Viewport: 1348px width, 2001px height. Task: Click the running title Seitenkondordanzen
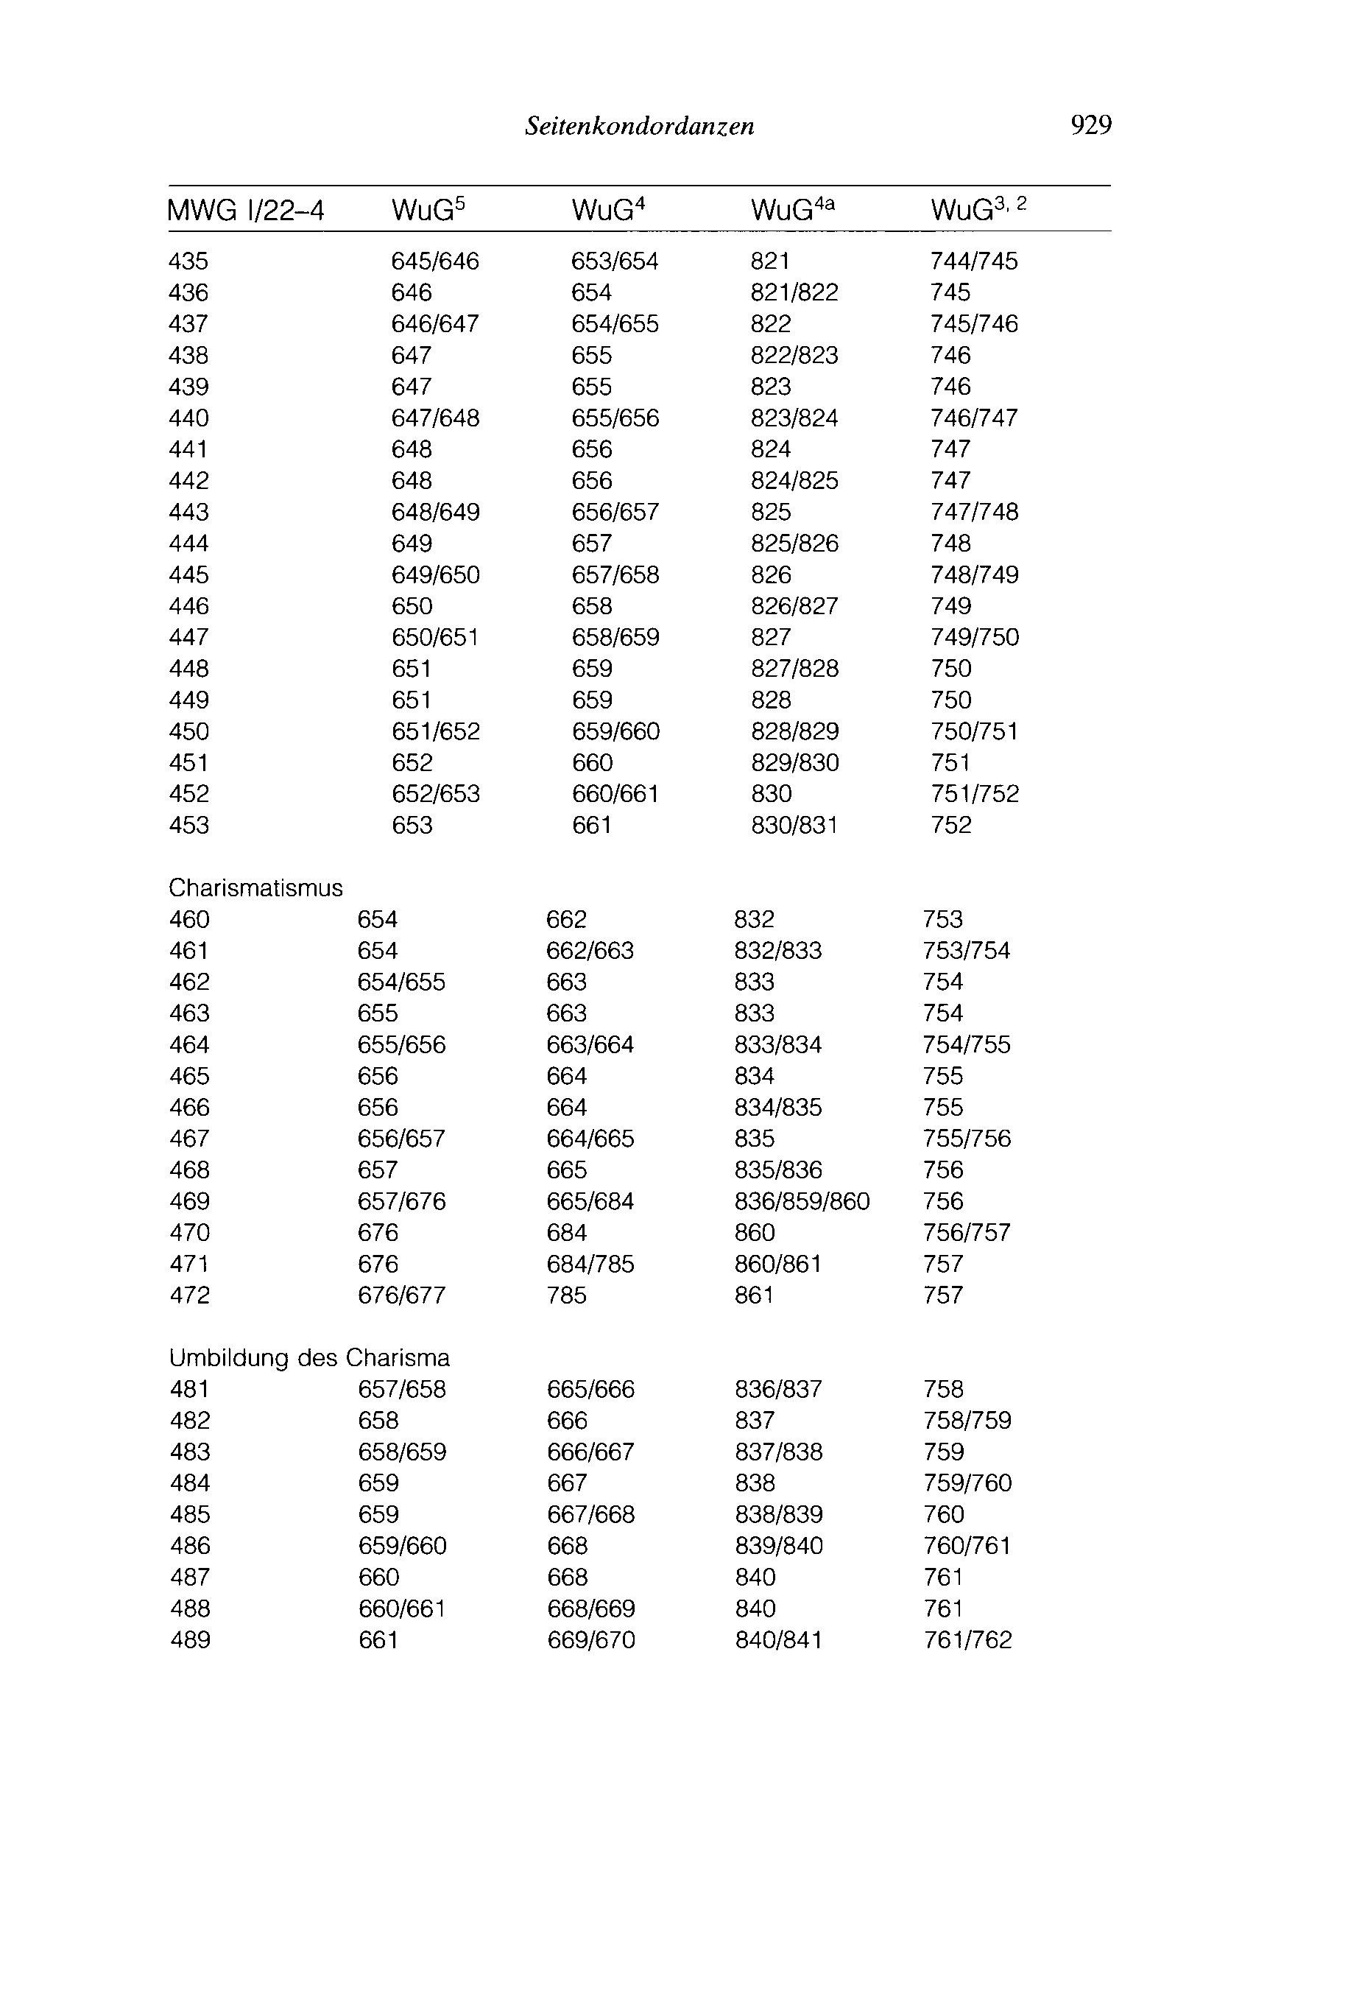pyautogui.click(x=640, y=127)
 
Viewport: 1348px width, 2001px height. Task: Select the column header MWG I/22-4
pyautogui.click(x=246, y=211)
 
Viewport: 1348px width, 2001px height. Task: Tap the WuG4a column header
pyautogui.click(x=791, y=210)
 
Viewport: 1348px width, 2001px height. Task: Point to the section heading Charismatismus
pyautogui.click(x=255, y=888)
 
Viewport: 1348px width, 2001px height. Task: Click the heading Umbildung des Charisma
pyautogui.click(x=309, y=1358)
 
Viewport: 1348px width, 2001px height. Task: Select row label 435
pyautogui.click(x=188, y=261)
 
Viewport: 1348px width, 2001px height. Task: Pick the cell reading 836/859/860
pyautogui.click(x=801, y=1201)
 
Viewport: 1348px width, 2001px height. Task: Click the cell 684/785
pyautogui.click(x=590, y=1264)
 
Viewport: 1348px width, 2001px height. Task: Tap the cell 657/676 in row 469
pyautogui.click(x=401, y=1201)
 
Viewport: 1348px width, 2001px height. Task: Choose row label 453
pyautogui.click(x=188, y=826)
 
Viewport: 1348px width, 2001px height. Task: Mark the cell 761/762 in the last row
pyautogui.click(x=967, y=1640)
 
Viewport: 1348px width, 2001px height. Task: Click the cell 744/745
pyautogui.click(x=973, y=261)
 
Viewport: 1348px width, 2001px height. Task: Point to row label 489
pyautogui.click(x=190, y=1640)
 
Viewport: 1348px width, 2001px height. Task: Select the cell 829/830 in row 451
pyautogui.click(x=794, y=763)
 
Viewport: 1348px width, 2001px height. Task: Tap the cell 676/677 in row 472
pyautogui.click(x=401, y=1295)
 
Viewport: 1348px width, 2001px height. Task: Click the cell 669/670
pyautogui.click(x=590, y=1640)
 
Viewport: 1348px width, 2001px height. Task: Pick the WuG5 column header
pyautogui.click(x=427, y=210)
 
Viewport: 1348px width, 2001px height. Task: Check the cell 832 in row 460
pyautogui.click(x=754, y=919)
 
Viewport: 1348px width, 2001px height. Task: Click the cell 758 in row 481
pyautogui.click(x=943, y=1390)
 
